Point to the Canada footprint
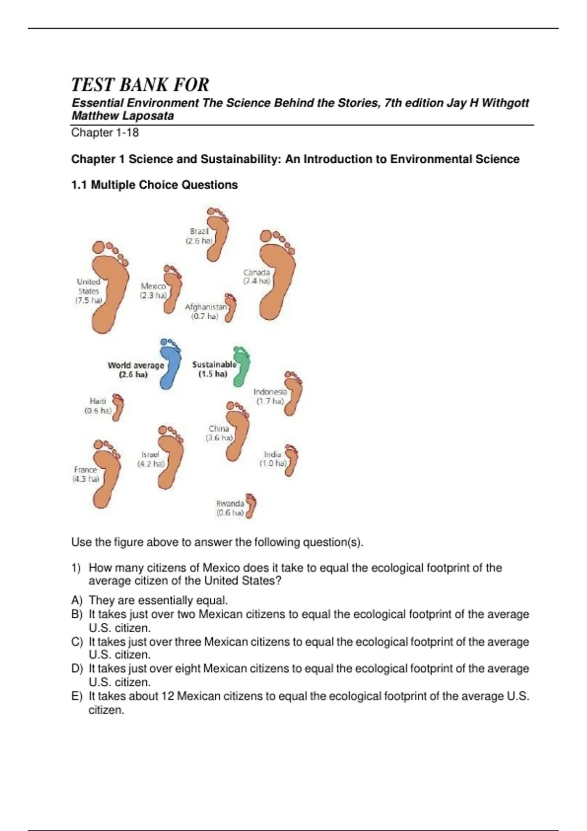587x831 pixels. tap(276, 276)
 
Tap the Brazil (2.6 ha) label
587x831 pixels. tap(199, 236)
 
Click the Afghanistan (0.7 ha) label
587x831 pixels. tap(205, 312)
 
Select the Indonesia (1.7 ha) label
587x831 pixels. tap(270, 396)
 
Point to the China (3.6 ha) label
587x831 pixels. tap(219, 433)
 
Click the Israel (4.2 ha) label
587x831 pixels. tap(150, 459)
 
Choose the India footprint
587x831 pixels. tap(292, 460)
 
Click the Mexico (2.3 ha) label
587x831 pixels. tap(153, 291)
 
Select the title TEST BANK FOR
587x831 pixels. tap(140, 85)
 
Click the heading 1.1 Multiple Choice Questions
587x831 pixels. tap(154, 185)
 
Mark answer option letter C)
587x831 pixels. tap(77, 642)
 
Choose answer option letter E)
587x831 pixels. tap(77, 697)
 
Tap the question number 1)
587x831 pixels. tap(76, 568)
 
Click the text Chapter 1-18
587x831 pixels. tap(105, 132)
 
